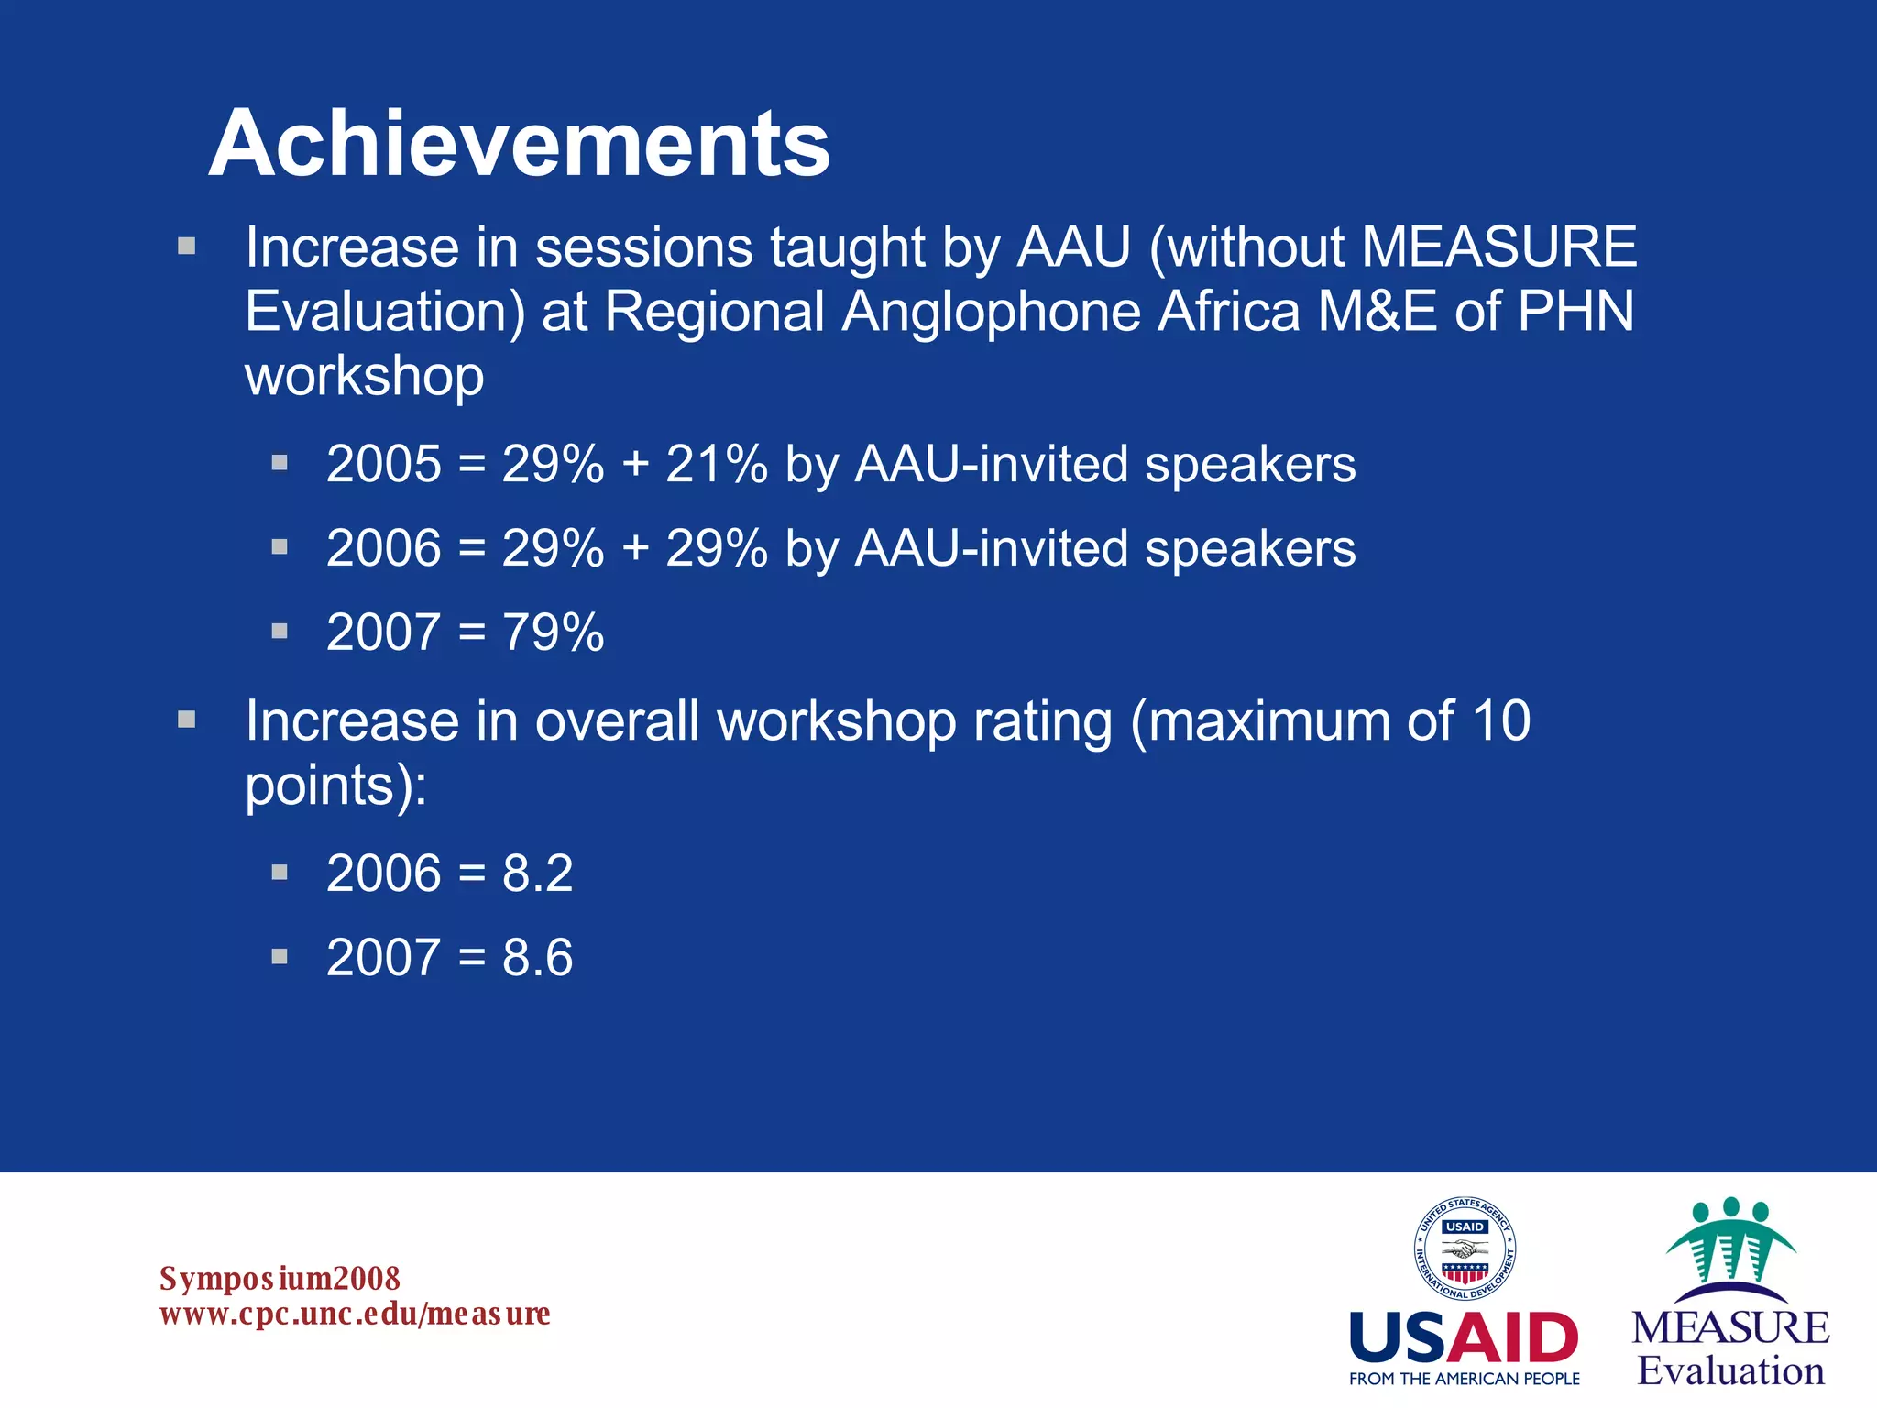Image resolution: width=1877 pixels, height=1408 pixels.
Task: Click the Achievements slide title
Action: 519,144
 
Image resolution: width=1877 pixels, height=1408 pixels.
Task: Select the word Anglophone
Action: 991,312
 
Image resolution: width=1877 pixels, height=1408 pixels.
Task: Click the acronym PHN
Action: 1575,312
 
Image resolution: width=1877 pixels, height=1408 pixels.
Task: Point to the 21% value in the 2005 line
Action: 716,464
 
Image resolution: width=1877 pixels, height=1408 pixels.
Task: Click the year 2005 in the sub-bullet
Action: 384,464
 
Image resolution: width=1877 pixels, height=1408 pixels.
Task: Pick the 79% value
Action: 553,632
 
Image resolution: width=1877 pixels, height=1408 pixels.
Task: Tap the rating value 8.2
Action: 537,873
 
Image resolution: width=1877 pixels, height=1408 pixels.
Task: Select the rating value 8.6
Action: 537,957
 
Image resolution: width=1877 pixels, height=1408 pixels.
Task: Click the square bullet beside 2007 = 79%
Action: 280,631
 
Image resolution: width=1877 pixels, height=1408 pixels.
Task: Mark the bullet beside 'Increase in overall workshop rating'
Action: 187,720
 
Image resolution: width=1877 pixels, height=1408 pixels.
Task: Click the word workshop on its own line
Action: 364,376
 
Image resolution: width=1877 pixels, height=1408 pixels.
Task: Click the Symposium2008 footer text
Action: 280,1278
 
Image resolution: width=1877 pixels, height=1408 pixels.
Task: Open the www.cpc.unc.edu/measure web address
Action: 355,1314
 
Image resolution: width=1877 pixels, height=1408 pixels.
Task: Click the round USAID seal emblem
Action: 1464,1248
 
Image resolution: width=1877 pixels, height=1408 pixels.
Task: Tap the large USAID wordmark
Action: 1464,1338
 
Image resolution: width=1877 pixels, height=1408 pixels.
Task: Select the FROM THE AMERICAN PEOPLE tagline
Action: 1464,1379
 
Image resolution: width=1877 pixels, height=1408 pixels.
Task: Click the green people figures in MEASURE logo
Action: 1730,1237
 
